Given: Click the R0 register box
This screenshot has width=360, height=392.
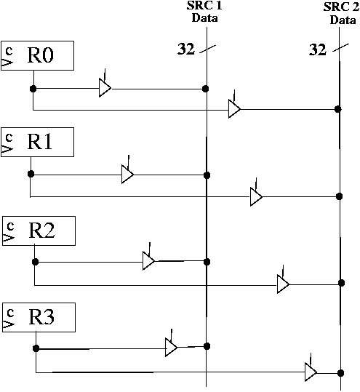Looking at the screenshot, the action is point(38,55).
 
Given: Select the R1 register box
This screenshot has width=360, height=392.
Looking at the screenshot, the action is point(38,143).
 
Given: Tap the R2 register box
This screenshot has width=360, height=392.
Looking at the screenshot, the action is point(39,231).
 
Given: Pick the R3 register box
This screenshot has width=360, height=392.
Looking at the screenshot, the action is point(39,318).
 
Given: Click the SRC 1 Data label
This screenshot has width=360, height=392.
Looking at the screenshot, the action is point(204,12).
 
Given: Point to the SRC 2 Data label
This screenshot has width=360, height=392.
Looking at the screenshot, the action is point(342,14).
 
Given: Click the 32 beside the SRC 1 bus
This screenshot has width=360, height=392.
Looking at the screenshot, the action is point(186,49).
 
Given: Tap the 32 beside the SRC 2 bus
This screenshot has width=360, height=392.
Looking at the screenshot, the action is point(318,49).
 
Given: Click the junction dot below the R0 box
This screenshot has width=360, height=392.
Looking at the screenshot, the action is point(33,89).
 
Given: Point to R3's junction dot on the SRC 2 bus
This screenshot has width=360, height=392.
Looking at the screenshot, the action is point(340,373).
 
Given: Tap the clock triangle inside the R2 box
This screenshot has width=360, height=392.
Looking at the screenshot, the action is point(8,238).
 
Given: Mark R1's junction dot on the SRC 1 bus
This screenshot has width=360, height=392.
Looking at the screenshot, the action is point(207,175).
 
